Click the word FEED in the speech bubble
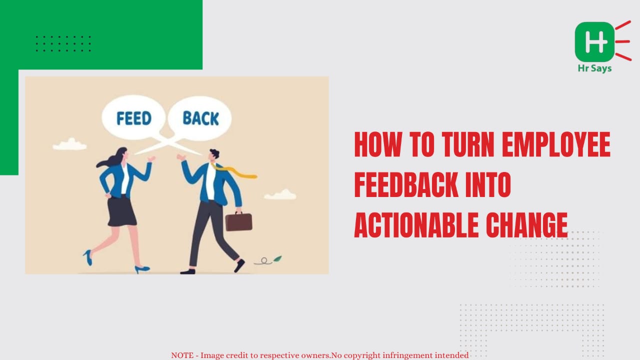click(x=134, y=118)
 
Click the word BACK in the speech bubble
click(x=200, y=118)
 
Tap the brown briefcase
click(x=239, y=221)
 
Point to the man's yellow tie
click(x=234, y=171)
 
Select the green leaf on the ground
click(x=277, y=259)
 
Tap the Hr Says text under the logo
click(x=594, y=68)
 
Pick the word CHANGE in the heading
click(x=527, y=225)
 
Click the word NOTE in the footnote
click(x=182, y=355)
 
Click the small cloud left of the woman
click(x=70, y=144)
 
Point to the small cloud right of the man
click(x=280, y=194)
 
